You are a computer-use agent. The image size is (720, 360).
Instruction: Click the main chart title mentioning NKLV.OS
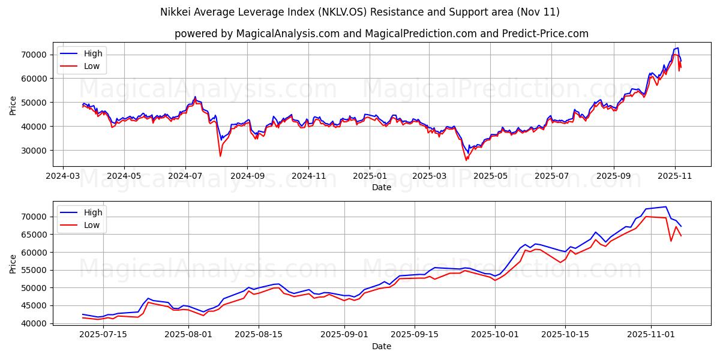(360, 12)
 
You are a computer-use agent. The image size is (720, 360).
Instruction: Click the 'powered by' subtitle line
(382, 34)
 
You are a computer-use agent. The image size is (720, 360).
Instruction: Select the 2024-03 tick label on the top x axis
(63, 177)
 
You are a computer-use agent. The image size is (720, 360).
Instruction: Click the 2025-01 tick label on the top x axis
(370, 177)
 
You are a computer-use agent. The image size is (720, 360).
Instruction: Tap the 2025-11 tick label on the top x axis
(675, 177)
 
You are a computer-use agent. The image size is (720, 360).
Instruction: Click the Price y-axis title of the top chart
(13, 105)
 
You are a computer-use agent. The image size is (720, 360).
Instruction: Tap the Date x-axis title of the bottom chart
(382, 346)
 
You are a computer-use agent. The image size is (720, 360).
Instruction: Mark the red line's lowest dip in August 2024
(220, 156)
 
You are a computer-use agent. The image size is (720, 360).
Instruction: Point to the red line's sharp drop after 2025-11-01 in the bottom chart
(671, 241)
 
